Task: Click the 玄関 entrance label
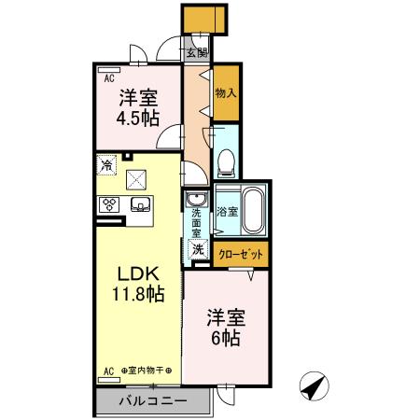coord(197,52)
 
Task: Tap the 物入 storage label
coord(225,93)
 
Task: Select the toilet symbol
coord(225,164)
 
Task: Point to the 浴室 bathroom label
coord(228,212)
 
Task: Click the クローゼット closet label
coord(242,253)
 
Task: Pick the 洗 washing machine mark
coord(198,249)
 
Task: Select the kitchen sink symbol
coord(141,205)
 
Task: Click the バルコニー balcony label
coord(152,401)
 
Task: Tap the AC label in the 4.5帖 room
coord(108,78)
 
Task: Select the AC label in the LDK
coord(108,371)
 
